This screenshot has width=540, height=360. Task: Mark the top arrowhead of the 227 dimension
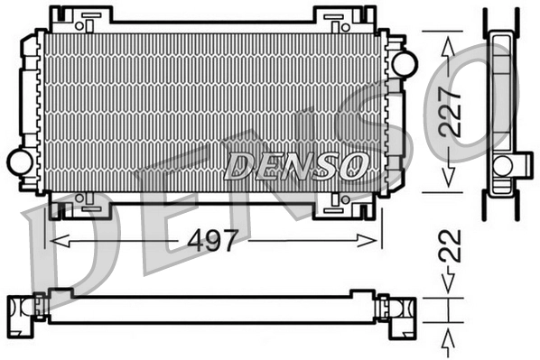pyautogui.click(x=446, y=40)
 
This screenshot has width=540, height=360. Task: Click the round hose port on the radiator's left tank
pyautogui.click(x=19, y=162)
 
